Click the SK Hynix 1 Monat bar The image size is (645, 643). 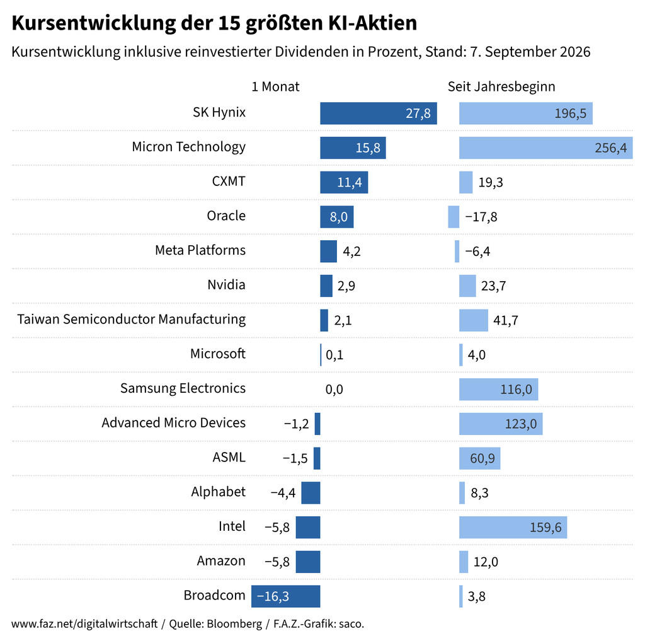pyautogui.click(x=379, y=113)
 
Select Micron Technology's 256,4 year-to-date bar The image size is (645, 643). pyautogui.click(x=546, y=148)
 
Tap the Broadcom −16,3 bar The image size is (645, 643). pyautogui.click(x=286, y=596)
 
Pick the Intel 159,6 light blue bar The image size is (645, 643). pyautogui.click(x=513, y=528)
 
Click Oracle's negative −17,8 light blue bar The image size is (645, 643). pyautogui.click(x=454, y=216)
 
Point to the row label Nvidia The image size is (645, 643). pyautogui.click(x=226, y=284)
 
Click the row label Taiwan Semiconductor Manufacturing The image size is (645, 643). pyautogui.click(x=131, y=320)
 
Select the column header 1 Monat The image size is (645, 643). pyautogui.click(x=275, y=86)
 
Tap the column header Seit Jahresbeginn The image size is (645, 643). pyautogui.click(x=501, y=87)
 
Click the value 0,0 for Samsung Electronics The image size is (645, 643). pyautogui.click(x=334, y=390)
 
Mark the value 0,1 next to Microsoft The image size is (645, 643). pyautogui.click(x=334, y=355)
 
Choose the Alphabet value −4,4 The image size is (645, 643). pyautogui.click(x=283, y=493)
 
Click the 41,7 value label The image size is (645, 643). pyautogui.click(x=506, y=320)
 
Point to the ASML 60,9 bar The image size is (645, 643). pyautogui.click(x=479, y=458)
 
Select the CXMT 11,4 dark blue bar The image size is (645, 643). pyautogui.click(x=344, y=182)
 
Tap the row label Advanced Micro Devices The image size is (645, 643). pyautogui.click(x=174, y=423)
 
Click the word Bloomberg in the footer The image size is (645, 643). pyautogui.click(x=234, y=624)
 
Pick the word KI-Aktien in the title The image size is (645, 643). pyautogui.click(x=373, y=23)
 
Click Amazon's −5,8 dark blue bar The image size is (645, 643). pyautogui.click(x=308, y=562)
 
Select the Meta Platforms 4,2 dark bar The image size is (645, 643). pyautogui.click(x=329, y=251)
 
